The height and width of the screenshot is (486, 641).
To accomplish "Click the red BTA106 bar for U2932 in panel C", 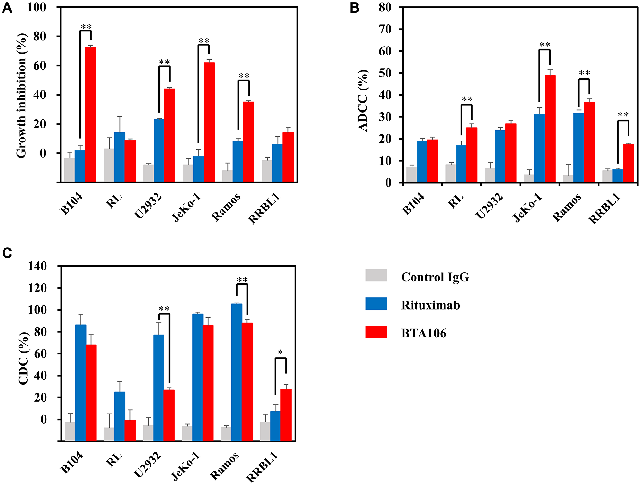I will pos(169,415).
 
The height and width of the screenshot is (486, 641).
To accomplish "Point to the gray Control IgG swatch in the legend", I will pos(376,276).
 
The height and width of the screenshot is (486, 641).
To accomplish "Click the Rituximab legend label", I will pos(430,305).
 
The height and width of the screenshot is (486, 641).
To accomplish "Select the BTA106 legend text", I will pos(423,333).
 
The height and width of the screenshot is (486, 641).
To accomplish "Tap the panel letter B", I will pos(354,8).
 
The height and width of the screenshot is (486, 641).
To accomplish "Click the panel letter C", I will pos(7,253).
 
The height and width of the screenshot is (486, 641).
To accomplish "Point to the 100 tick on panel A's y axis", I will pos(36,7).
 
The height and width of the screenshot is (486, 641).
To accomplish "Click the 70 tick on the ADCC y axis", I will pos(385,29).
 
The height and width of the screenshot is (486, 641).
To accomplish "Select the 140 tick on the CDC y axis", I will pos(37,266).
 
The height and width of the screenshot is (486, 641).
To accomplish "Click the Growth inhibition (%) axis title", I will pos(21,95).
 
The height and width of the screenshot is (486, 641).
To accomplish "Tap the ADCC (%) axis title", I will pos(363,100).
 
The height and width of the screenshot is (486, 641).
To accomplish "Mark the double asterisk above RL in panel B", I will pos(467,99).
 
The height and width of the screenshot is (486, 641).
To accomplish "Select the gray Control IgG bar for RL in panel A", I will pos(109,165).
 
